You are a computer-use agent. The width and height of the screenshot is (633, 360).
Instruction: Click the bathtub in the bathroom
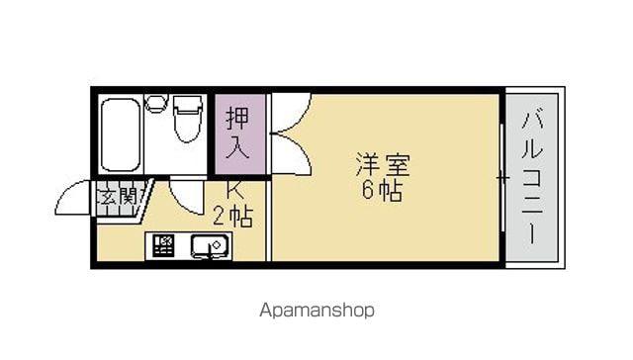click(x=121, y=135)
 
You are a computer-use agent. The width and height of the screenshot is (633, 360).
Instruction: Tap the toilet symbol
click(x=188, y=119)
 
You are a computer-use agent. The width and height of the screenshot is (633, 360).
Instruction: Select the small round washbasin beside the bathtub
click(x=156, y=103)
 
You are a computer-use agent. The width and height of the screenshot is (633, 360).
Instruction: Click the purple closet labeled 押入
click(x=239, y=135)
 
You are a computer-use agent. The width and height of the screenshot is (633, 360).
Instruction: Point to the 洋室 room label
click(x=383, y=164)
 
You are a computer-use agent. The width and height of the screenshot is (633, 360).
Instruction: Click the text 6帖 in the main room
click(x=382, y=191)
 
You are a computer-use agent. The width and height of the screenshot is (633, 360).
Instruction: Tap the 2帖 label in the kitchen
click(x=233, y=218)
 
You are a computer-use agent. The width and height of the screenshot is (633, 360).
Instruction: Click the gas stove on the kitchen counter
click(x=163, y=245)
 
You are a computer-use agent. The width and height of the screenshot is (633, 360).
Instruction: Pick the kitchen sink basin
click(x=210, y=246)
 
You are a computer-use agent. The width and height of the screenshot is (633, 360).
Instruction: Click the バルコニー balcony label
click(x=532, y=178)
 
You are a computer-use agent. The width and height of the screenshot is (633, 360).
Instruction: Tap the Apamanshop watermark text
click(x=316, y=311)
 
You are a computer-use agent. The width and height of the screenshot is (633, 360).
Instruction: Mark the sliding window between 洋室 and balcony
click(x=502, y=178)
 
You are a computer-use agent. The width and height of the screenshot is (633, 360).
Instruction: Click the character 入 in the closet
click(x=238, y=148)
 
